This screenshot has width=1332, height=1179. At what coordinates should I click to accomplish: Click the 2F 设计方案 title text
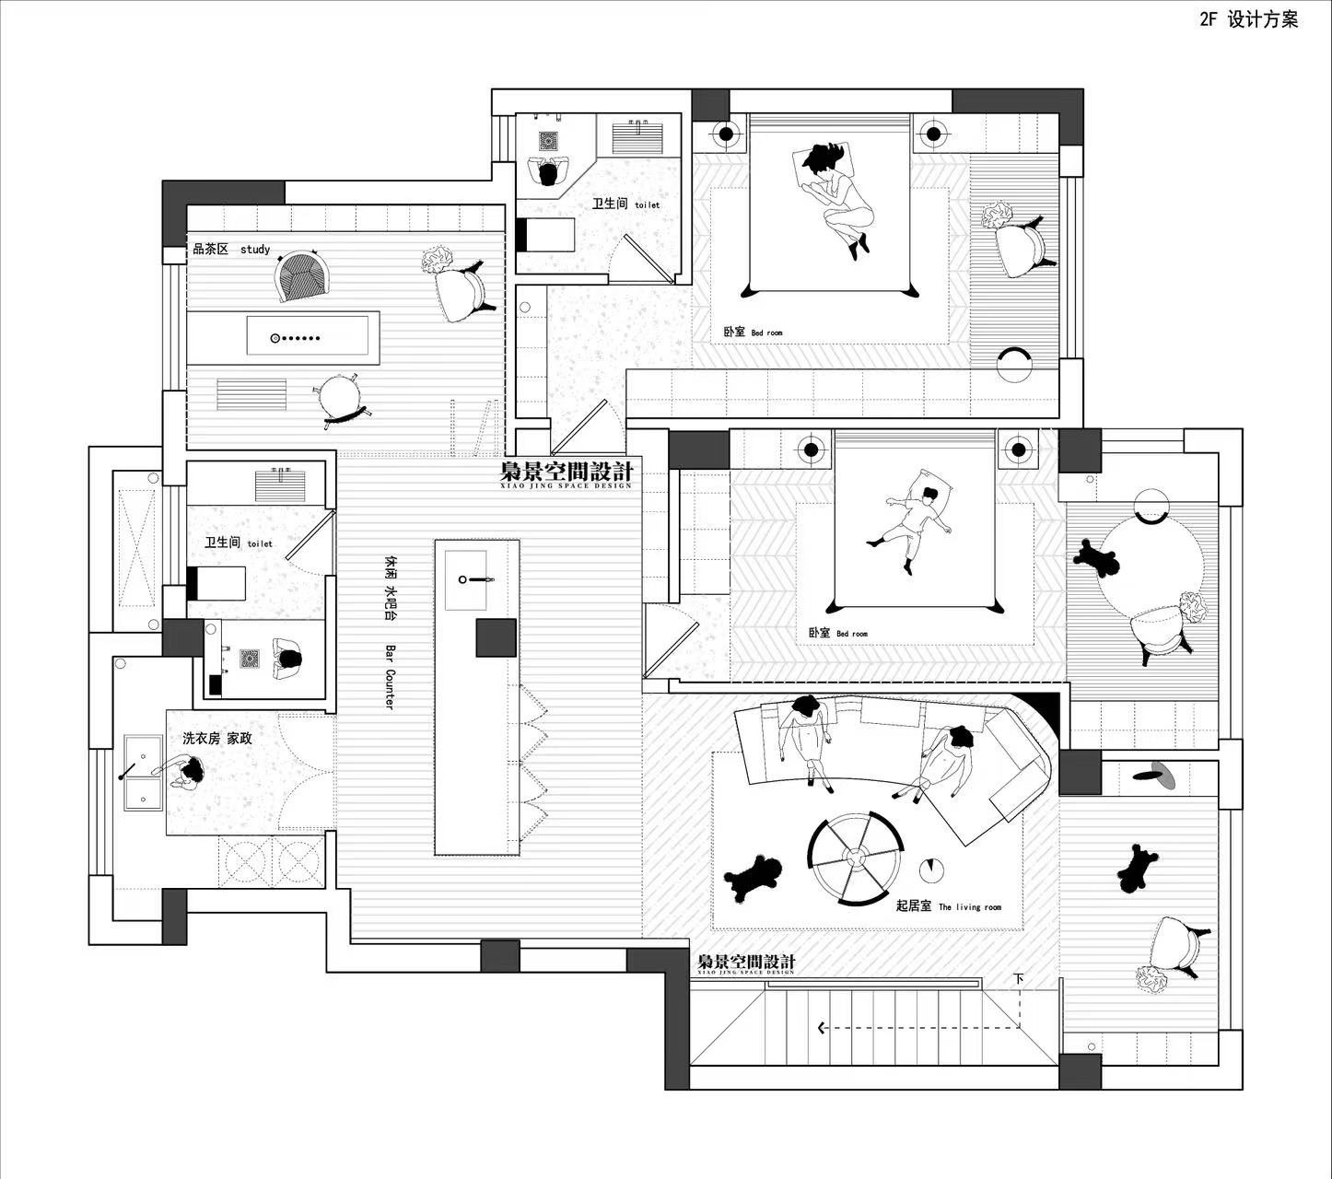(1248, 19)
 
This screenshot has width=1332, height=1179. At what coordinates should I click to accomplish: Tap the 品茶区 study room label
(230, 249)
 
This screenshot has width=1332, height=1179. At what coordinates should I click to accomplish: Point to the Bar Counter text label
(389, 676)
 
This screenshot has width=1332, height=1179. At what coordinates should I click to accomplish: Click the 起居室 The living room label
(948, 906)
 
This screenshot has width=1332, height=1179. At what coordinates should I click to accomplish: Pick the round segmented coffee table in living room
(856, 858)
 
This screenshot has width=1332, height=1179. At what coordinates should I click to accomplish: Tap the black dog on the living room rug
(754, 877)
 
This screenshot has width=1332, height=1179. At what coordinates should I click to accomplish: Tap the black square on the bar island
(496, 638)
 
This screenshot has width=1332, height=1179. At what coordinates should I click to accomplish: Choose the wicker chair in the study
(302, 275)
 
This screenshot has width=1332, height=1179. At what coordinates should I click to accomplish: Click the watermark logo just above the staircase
(746, 963)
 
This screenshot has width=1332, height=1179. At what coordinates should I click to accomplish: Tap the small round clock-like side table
(930, 869)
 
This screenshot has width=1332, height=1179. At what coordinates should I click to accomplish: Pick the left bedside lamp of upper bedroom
(726, 134)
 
